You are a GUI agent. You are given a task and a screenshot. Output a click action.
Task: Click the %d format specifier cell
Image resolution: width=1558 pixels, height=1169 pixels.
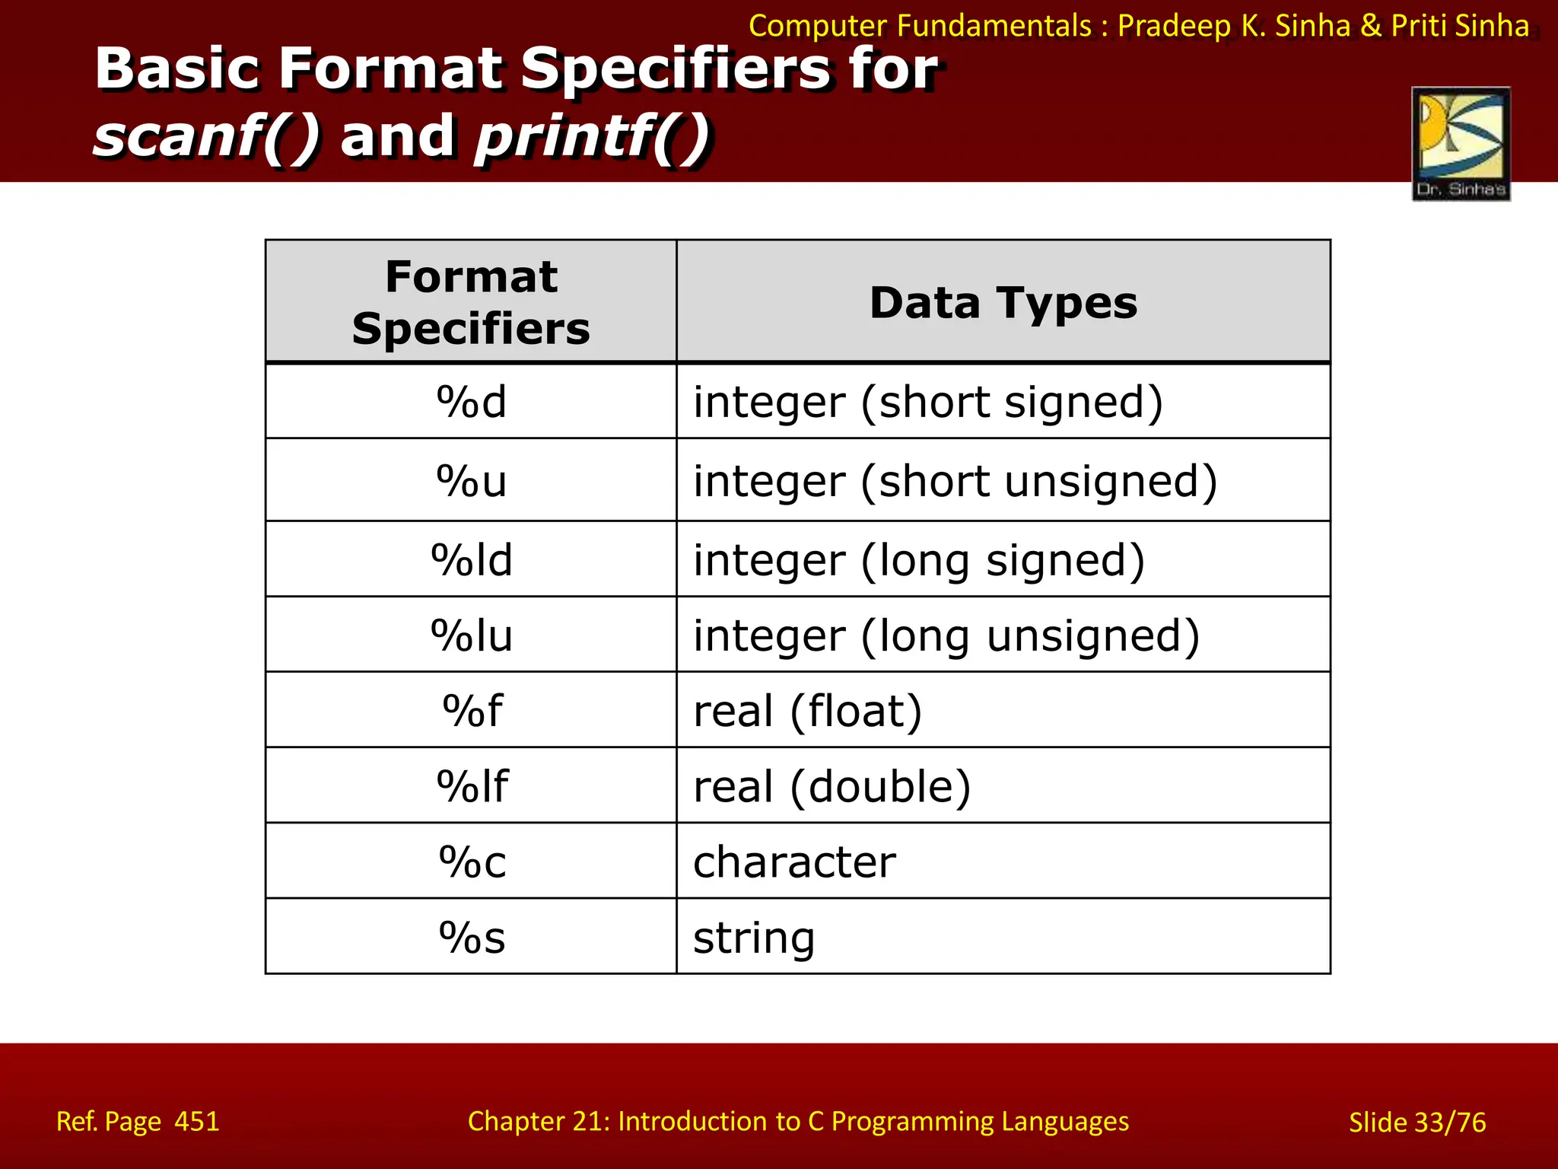(471, 402)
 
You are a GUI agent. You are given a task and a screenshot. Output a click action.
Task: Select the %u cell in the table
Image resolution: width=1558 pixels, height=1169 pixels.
(471, 481)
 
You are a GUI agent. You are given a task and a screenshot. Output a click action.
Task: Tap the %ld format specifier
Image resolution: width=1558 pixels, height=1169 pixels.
(471, 560)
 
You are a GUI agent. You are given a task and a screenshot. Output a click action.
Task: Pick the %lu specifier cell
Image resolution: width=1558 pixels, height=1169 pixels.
(471, 635)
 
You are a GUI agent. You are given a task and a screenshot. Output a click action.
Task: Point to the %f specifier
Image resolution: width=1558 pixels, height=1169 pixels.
(471, 711)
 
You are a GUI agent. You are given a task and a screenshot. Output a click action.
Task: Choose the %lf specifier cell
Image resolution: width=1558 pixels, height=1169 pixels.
(471, 786)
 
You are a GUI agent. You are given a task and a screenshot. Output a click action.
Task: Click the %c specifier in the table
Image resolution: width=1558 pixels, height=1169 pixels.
(471, 862)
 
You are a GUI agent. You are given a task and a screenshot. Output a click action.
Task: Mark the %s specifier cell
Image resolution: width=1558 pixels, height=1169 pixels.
(471, 937)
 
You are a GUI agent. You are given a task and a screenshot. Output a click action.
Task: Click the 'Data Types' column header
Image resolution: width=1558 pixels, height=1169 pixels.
(1003, 303)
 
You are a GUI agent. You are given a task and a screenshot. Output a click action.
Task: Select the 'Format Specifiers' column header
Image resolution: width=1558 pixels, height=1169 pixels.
(471, 302)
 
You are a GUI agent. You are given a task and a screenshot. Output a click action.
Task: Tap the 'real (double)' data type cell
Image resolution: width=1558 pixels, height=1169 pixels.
(831, 786)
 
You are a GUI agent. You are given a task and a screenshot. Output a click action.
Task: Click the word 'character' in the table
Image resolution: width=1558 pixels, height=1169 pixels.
(794, 862)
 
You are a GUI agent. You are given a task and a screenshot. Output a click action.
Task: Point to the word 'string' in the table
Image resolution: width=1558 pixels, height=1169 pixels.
(753, 937)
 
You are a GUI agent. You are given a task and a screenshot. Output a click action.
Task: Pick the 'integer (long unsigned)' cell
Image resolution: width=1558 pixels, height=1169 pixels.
(946, 635)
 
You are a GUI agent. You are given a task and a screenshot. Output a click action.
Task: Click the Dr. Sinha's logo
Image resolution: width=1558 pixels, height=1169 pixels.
(1461, 144)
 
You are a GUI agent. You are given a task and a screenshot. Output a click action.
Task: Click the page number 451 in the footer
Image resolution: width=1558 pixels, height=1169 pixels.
(196, 1121)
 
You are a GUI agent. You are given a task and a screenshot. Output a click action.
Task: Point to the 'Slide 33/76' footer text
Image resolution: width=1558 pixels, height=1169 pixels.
(1417, 1122)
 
